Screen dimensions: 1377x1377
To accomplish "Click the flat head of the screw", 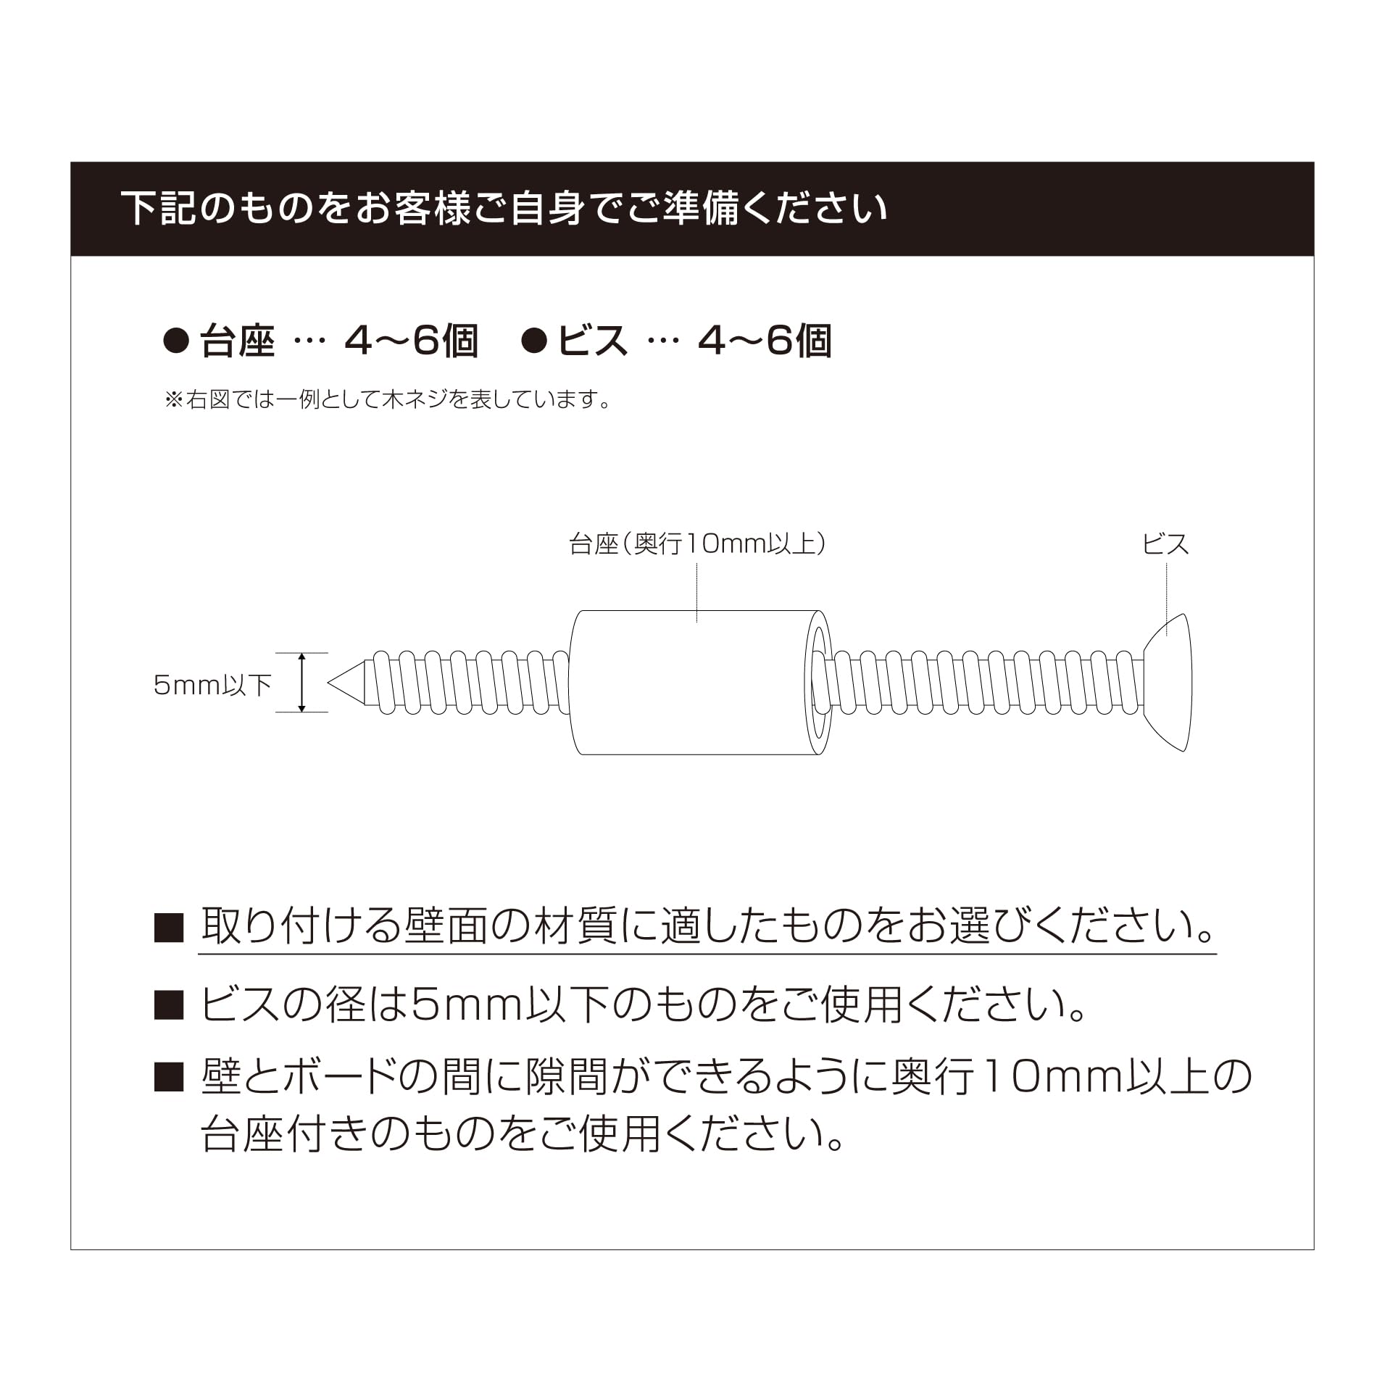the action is tap(1168, 683).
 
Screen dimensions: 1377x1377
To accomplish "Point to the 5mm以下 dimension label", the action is tap(212, 685).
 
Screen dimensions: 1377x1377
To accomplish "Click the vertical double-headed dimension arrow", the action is tap(302, 682).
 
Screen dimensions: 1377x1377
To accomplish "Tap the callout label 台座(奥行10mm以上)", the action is tap(697, 544).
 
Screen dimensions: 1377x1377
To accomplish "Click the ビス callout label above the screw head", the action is tap(1166, 544).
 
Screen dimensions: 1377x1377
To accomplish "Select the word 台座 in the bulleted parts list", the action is tap(237, 341).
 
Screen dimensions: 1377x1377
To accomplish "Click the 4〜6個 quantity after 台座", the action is tap(411, 341).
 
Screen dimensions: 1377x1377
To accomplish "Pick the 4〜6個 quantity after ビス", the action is tap(764, 341).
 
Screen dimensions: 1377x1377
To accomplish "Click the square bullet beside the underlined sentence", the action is tap(169, 928).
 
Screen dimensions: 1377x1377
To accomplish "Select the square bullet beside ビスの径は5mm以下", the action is tap(169, 1006).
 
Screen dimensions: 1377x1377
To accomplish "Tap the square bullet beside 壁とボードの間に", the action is tap(169, 1078).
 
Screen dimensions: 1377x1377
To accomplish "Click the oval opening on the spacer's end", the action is tap(820, 683).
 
